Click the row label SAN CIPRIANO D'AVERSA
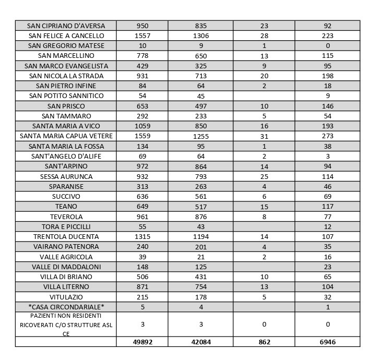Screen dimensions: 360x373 tap(66, 26)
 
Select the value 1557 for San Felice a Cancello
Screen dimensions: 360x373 tap(142, 35)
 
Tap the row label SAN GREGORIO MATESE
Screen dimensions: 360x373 tap(66, 45)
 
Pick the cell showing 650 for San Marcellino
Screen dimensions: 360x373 tap(201, 56)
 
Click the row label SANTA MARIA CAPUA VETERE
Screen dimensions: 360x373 tap(66, 136)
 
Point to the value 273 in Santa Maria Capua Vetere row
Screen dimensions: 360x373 tap(327, 136)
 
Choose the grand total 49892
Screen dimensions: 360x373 tap(142, 342)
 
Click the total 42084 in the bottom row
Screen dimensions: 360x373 tap(201, 342)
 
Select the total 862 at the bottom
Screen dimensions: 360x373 tap(264, 342)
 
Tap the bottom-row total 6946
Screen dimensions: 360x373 tap(327, 342)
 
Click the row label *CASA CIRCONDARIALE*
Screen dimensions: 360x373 tap(66, 307)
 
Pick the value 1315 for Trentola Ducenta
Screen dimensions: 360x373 tap(142, 236)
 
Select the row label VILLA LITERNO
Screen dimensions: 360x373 tap(66, 287)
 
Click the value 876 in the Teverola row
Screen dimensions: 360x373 tap(201, 217)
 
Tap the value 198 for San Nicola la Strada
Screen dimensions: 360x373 tap(327, 76)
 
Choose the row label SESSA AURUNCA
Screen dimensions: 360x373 tap(66, 176)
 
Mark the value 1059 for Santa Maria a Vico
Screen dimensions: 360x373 tap(142, 126)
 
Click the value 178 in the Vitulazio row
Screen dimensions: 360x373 tap(201, 297)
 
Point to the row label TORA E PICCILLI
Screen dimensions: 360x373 tap(66, 226)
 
